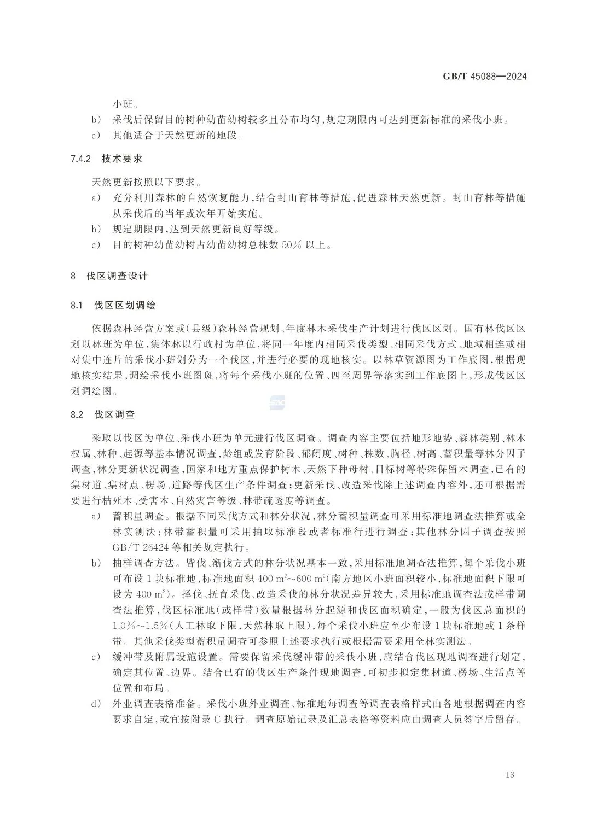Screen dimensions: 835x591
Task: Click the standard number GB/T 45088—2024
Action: [x=485, y=77]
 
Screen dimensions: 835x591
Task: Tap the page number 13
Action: [x=510, y=774]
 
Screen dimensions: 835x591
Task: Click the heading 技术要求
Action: [x=122, y=159]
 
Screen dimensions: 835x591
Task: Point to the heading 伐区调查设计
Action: [x=117, y=276]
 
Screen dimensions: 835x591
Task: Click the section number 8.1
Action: [x=76, y=305]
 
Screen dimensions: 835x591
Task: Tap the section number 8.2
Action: [x=76, y=414]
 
